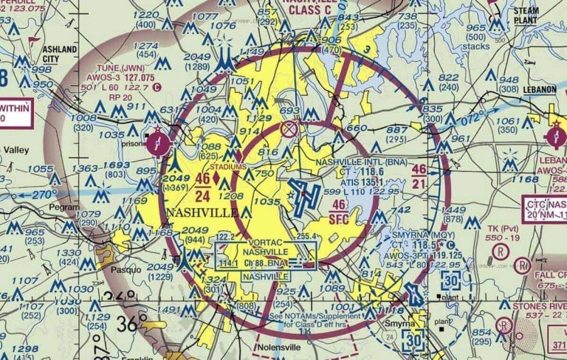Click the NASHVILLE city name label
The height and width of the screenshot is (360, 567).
pos(202,212)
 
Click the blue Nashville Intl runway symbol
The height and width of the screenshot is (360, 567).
pos(303,197)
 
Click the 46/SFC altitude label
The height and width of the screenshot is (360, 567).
pos(340,210)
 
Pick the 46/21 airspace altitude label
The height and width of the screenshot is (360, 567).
pos(419,176)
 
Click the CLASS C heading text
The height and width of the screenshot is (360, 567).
pos(310,10)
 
